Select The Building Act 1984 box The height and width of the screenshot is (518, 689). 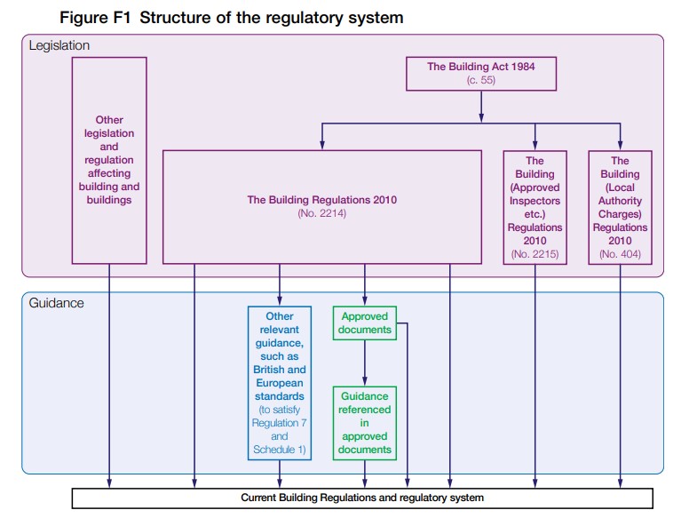tap(480, 73)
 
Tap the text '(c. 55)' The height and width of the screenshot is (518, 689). tap(480, 80)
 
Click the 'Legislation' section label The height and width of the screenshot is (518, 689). tap(59, 44)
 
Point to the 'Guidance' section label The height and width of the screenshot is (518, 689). tap(56, 303)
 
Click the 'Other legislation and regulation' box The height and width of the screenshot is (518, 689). tap(109, 160)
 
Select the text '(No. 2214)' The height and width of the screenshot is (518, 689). tap(322, 214)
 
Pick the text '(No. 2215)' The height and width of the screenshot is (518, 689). tap(535, 255)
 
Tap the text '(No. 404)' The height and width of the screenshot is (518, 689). tap(620, 255)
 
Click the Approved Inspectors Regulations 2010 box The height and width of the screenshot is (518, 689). tap(535, 207)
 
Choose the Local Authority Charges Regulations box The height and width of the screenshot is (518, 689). tap(620, 207)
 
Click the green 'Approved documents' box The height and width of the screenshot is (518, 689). tap(365, 323)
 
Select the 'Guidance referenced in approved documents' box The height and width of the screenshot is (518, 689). tap(365, 423)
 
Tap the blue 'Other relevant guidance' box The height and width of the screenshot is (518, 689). tap(280, 382)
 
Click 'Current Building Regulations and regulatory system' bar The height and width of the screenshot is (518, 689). tap(362, 498)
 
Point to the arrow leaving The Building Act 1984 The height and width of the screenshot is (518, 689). tap(480, 105)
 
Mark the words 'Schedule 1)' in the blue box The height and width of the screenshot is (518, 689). tap(280, 450)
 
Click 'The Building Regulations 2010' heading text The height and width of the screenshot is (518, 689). tap(322, 200)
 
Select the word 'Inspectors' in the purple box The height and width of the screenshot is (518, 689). tap(535, 201)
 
